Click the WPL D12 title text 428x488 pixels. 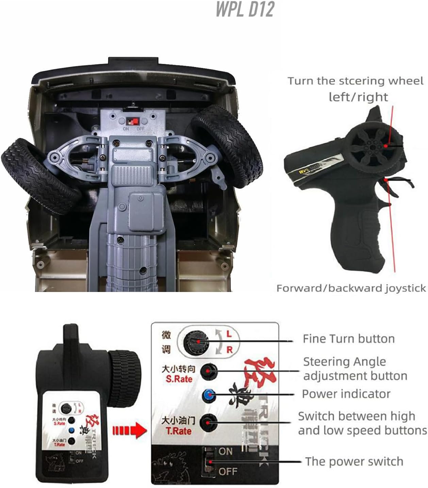[245, 9]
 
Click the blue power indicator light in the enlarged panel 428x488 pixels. [208, 395]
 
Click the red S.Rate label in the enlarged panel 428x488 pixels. [179, 379]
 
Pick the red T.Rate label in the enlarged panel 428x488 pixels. [179, 431]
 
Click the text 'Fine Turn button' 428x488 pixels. [348, 339]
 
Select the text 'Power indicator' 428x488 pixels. [346, 394]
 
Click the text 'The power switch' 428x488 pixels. [354, 461]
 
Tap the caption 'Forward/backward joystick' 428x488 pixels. [351, 288]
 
